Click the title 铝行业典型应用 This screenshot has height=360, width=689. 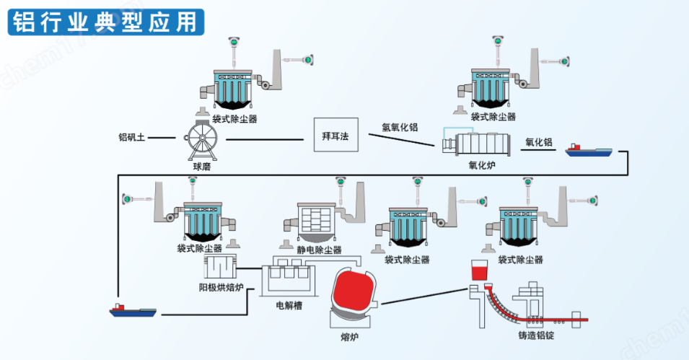(x=104, y=22)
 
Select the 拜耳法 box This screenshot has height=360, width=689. (x=335, y=136)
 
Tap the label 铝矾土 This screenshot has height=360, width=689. (x=132, y=136)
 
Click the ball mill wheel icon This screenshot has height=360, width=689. (x=202, y=138)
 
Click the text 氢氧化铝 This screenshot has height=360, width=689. (x=400, y=128)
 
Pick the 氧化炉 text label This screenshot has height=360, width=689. (x=482, y=164)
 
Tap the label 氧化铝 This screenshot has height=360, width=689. (x=539, y=143)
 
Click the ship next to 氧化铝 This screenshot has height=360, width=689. (x=589, y=150)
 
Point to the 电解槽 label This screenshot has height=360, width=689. (x=289, y=305)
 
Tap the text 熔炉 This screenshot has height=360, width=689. (x=350, y=336)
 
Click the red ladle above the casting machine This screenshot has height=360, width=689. (x=479, y=272)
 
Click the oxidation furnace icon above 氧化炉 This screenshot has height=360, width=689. (x=476, y=143)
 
